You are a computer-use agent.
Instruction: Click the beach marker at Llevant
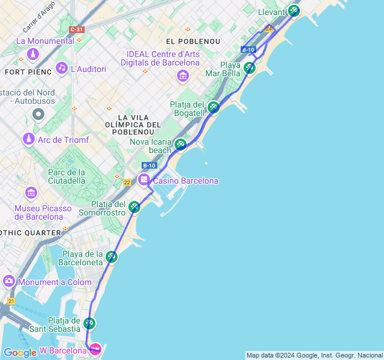tap(293, 10)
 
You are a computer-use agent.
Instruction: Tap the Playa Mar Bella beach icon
tap(250, 68)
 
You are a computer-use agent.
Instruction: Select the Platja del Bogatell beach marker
tap(214, 107)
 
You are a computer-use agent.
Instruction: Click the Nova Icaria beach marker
tap(180, 144)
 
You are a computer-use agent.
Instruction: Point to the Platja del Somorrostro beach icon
tap(134, 207)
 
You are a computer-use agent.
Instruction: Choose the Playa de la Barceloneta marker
tap(112, 257)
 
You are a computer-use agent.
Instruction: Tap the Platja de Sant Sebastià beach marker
tap(89, 323)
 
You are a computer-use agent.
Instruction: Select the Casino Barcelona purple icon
tap(144, 180)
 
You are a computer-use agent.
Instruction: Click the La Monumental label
tap(45, 41)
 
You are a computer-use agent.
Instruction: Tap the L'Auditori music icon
tap(62, 68)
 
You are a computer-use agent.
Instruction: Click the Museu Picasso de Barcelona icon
tap(31, 193)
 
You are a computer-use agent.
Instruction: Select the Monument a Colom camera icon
tap(9, 281)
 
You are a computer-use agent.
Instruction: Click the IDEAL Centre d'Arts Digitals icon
tap(183, 76)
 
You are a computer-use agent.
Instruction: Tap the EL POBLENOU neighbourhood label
tap(193, 41)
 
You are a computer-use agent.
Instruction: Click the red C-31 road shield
tap(76, 29)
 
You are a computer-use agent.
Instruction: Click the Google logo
tap(20, 353)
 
